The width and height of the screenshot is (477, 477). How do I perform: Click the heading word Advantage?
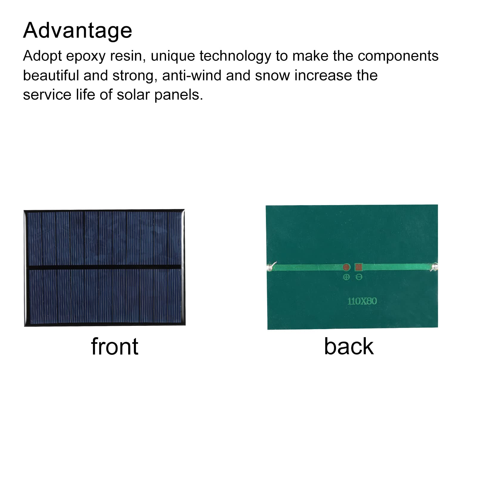[78, 31]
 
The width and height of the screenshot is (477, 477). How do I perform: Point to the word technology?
[235, 56]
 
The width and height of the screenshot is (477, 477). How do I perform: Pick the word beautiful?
[51, 75]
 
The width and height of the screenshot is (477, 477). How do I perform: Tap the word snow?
[272, 76]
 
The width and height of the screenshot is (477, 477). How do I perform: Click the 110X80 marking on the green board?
[362, 301]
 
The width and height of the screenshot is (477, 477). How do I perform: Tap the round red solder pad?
[346, 267]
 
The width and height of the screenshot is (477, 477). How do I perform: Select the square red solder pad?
[359, 267]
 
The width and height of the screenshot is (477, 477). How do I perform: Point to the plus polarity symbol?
[346, 277]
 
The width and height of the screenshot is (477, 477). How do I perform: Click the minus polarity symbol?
[359, 277]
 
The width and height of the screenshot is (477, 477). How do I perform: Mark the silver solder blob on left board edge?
[271, 266]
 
